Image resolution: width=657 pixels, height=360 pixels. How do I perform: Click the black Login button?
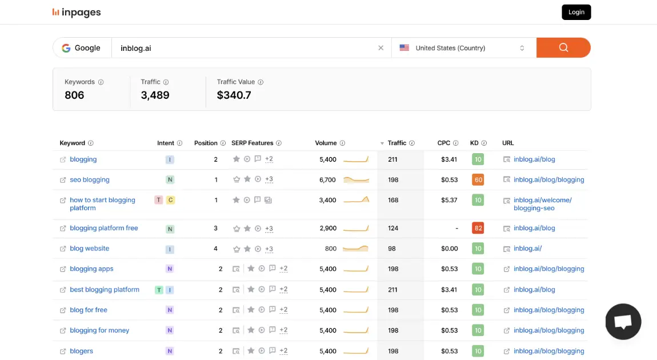point(576,12)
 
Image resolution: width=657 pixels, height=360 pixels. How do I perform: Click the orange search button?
point(563,48)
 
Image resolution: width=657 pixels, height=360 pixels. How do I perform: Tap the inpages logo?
point(77,12)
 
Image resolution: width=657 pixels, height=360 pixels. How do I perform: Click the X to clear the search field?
point(381,48)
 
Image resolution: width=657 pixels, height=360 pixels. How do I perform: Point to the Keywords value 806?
point(74,95)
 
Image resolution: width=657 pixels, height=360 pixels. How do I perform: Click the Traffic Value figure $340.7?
point(234,95)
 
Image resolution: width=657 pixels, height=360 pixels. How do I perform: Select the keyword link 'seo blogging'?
point(89,179)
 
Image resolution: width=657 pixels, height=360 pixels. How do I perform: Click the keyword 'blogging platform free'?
point(103,228)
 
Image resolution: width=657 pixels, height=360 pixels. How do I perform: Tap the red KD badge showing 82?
point(478,228)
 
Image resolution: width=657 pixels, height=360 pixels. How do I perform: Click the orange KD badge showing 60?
point(478,179)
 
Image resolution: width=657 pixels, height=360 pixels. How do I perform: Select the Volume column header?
point(326,143)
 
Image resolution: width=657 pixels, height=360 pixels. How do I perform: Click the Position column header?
point(206,143)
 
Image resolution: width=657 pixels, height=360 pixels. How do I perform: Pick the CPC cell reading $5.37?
point(449,200)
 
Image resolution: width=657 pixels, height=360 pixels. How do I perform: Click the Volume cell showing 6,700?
point(327,179)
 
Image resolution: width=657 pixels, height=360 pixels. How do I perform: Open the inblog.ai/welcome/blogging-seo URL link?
point(542,204)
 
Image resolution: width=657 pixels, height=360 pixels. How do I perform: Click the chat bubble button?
point(623,322)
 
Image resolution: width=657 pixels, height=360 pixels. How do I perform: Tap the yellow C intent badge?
point(170,200)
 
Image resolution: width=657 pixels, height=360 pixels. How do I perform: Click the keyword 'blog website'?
point(89,249)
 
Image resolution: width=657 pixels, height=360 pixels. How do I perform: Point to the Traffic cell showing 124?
point(393,228)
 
